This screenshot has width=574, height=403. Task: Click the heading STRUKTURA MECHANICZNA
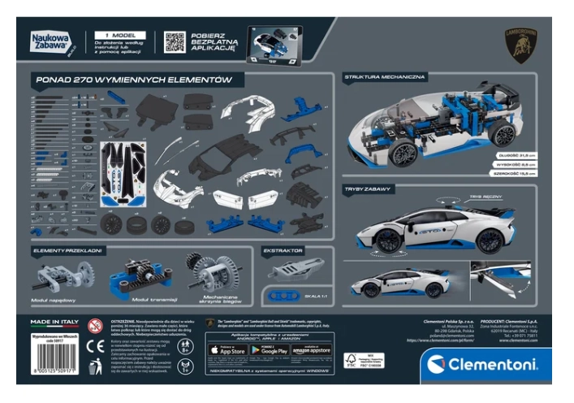coord(385,77)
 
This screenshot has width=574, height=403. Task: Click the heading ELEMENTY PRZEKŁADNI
coord(67,250)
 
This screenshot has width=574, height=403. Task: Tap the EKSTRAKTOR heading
coord(283,251)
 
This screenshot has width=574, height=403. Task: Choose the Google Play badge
coord(270,350)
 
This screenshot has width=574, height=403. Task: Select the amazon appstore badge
coord(311,350)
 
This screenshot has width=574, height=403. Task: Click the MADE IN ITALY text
coord(54,322)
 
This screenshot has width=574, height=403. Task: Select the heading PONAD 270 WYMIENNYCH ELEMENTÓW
coord(133,80)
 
